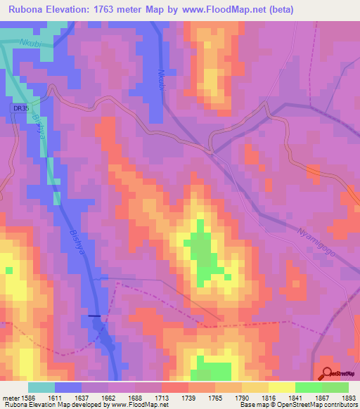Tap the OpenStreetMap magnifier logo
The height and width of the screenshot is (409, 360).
(x=327, y=373)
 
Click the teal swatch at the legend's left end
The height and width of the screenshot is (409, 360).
(x=41, y=387)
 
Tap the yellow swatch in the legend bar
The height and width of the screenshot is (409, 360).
(x=281, y=387)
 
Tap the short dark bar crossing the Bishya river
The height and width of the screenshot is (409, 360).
(x=94, y=316)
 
